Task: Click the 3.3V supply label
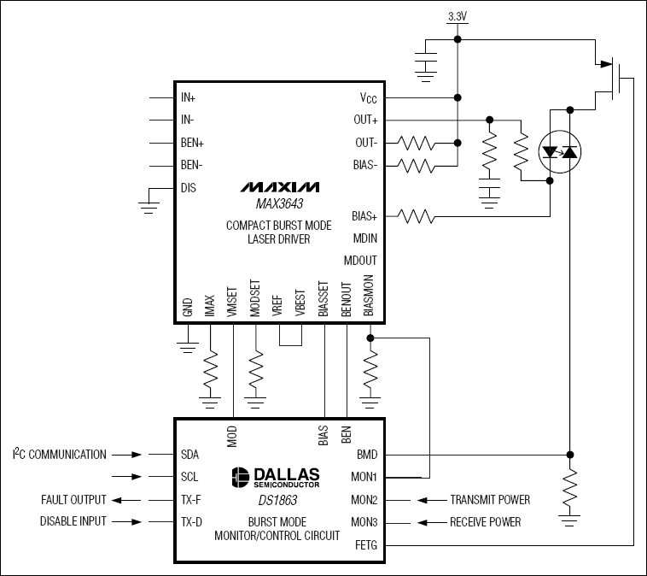tap(457, 16)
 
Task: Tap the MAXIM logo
tap(279, 186)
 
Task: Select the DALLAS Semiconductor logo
tap(276, 477)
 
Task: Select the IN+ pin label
tap(189, 98)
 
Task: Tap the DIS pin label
tap(188, 188)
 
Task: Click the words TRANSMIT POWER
tap(490, 500)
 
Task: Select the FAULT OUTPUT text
tap(73, 500)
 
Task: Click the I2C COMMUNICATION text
tap(60, 455)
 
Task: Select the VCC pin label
tap(364, 98)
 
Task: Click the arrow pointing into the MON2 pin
tap(426, 500)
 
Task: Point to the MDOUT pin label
tap(360, 260)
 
